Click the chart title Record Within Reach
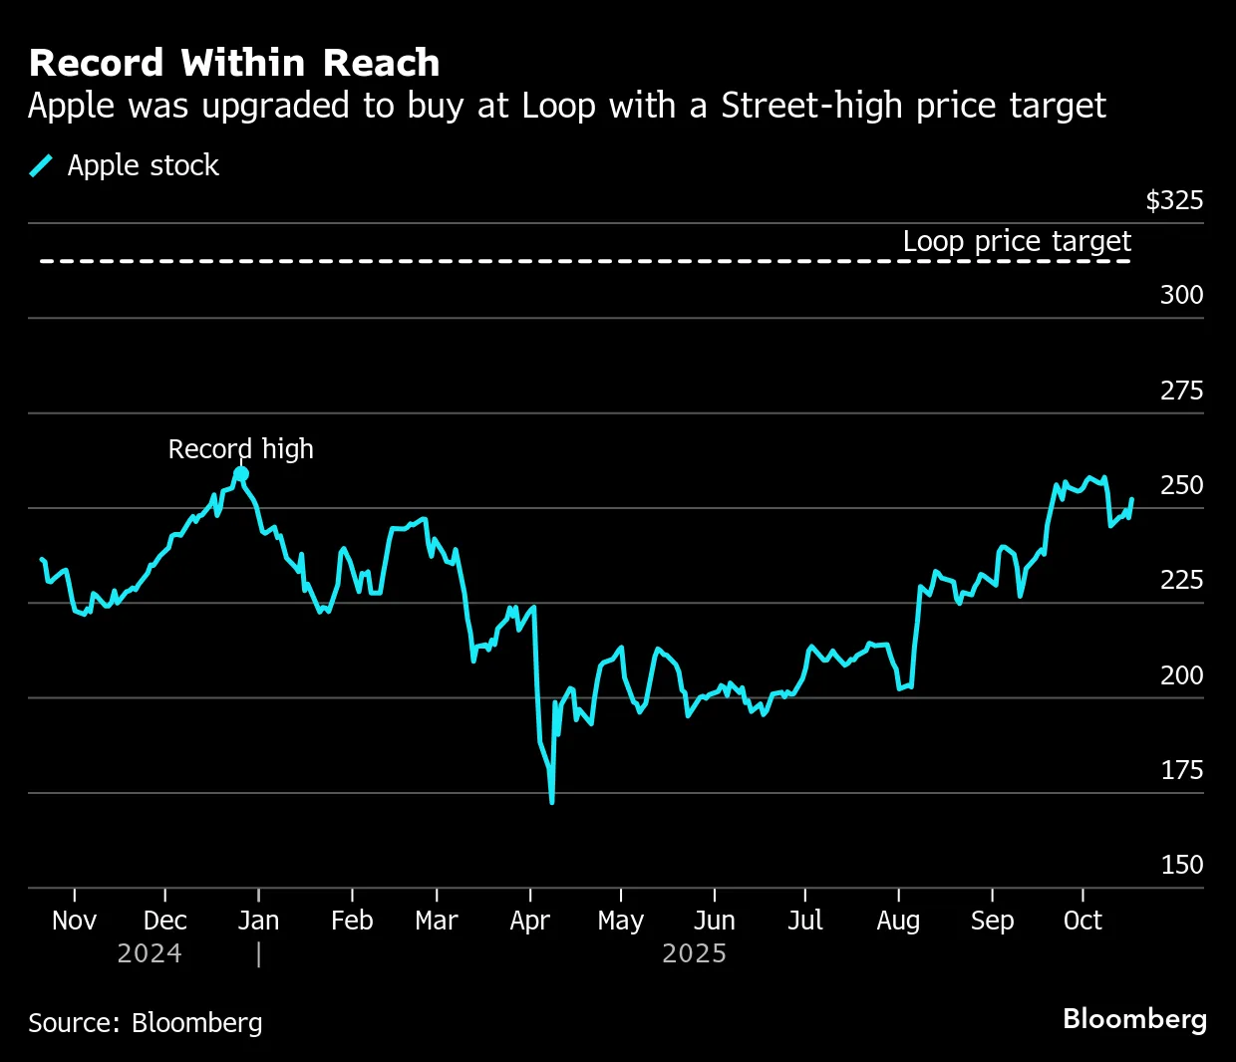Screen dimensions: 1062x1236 pyautogui.click(x=234, y=63)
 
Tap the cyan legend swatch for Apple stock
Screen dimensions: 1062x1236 pyautogui.click(x=41, y=165)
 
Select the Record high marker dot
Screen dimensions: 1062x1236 pyautogui.click(x=241, y=474)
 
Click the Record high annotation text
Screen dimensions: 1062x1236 pyautogui.click(x=240, y=449)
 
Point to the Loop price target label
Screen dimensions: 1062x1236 pyautogui.click(x=1016, y=241)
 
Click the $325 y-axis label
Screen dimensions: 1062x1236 pyautogui.click(x=1174, y=200)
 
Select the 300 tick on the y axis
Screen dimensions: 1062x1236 pyautogui.click(x=1181, y=295)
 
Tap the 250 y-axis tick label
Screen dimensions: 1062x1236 pyautogui.click(x=1181, y=485)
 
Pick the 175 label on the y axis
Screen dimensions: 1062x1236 pyautogui.click(x=1181, y=770)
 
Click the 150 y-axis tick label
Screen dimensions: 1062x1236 pyautogui.click(x=1181, y=865)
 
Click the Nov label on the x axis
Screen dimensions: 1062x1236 pyautogui.click(x=74, y=921)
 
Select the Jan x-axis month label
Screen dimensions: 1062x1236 pyautogui.click(x=258, y=921)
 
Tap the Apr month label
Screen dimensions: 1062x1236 pyautogui.click(x=529, y=921)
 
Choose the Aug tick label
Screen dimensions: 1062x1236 pyautogui.click(x=898, y=921)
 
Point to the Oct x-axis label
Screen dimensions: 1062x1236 pyautogui.click(x=1082, y=921)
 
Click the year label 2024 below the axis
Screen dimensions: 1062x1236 pyautogui.click(x=150, y=953)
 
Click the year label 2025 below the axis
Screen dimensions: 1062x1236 pyautogui.click(x=694, y=953)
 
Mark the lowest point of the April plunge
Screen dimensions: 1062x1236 pyautogui.click(x=551, y=801)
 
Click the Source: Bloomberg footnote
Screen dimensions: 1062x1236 pyautogui.click(x=146, y=1023)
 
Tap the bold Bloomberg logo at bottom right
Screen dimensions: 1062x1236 pyautogui.click(x=1134, y=1019)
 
